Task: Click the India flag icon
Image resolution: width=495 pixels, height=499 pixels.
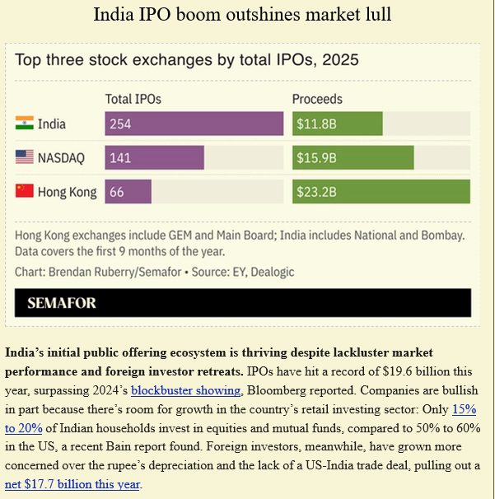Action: (24, 124)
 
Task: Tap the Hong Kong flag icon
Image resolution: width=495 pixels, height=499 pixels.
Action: (24, 191)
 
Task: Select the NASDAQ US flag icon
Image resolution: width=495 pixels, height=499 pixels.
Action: (24, 157)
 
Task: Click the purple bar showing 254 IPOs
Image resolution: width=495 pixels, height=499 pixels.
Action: (194, 124)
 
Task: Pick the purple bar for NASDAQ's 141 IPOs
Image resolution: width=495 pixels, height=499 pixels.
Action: (154, 157)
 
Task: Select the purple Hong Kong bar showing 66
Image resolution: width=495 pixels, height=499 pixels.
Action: (128, 191)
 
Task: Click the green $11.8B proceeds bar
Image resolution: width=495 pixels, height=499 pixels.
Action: (338, 124)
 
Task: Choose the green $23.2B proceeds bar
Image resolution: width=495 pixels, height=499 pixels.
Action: (381, 191)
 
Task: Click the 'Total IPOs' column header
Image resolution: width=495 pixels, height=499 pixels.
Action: (133, 99)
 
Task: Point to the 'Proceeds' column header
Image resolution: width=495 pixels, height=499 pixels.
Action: (317, 99)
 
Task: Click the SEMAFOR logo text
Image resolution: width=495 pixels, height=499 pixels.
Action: (62, 302)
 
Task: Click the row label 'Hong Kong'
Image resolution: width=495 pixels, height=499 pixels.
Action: (68, 191)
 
